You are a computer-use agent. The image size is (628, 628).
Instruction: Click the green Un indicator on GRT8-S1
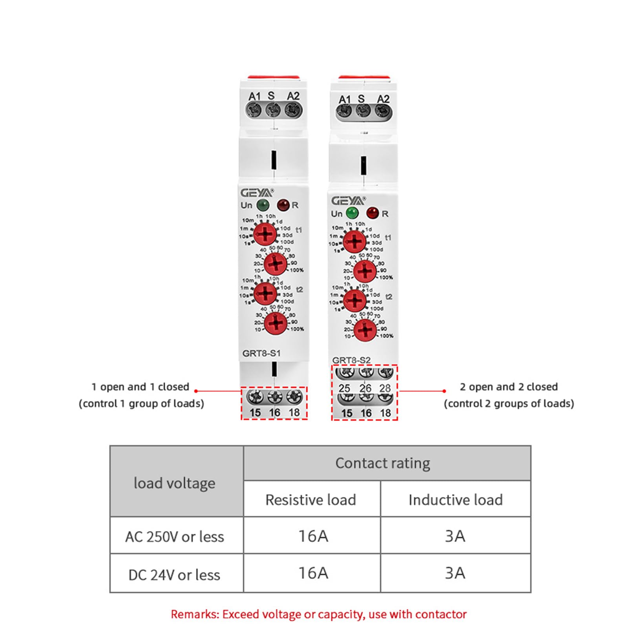(x=263, y=205)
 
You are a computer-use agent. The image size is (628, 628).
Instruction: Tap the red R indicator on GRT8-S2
(x=372, y=213)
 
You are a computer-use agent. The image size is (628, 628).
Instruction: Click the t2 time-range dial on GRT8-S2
(x=355, y=300)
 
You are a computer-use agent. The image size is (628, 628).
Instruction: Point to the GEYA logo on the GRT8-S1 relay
(x=257, y=193)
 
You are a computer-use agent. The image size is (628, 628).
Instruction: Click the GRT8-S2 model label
(x=351, y=360)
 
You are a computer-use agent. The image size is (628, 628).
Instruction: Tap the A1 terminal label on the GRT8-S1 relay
(x=255, y=96)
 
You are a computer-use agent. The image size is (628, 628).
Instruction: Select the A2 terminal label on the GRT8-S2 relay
(x=383, y=99)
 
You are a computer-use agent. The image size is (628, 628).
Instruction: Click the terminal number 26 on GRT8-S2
(x=365, y=388)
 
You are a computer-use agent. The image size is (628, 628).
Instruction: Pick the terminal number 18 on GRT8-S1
(x=294, y=413)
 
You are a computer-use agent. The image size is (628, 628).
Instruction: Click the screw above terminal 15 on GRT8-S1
(x=255, y=397)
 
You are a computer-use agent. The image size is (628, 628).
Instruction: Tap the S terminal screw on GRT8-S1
(x=273, y=110)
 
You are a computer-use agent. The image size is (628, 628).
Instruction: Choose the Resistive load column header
(x=310, y=500)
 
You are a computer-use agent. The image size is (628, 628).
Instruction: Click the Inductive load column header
(x=455, y=500)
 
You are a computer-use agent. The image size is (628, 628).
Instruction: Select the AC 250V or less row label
(x=175, y=537)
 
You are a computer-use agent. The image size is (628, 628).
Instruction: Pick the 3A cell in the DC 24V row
(x=455, y=573)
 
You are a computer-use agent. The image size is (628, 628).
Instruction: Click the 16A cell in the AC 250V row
(x=313, y=536)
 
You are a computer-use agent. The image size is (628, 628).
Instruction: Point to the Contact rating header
(x=383, y=463)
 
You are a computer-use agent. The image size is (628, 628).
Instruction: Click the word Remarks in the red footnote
(x=195, y=614)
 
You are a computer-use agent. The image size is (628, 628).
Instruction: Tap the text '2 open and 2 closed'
(x=509, y=387)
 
